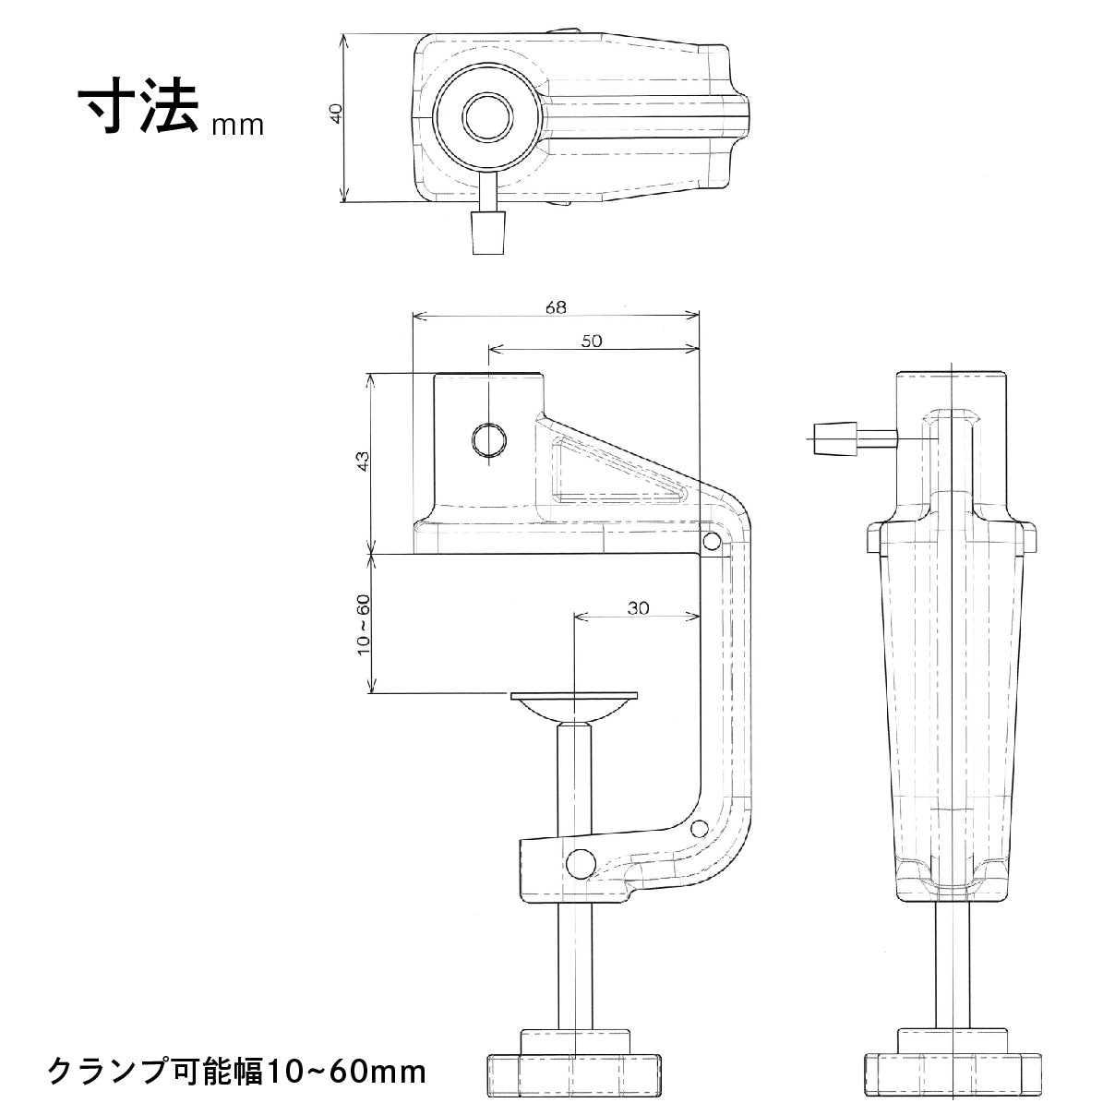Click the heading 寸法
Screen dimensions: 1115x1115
139,111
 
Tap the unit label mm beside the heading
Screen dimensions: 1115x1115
237,125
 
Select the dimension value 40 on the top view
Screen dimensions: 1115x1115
336,114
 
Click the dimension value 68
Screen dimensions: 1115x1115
555,307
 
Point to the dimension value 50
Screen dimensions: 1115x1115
592,341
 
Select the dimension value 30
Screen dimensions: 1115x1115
638,608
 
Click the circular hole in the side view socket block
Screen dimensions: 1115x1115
488,439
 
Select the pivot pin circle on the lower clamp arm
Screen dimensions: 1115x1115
581,864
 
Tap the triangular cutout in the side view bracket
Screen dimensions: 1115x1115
609,472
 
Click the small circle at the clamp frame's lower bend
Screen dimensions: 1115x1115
701,828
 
